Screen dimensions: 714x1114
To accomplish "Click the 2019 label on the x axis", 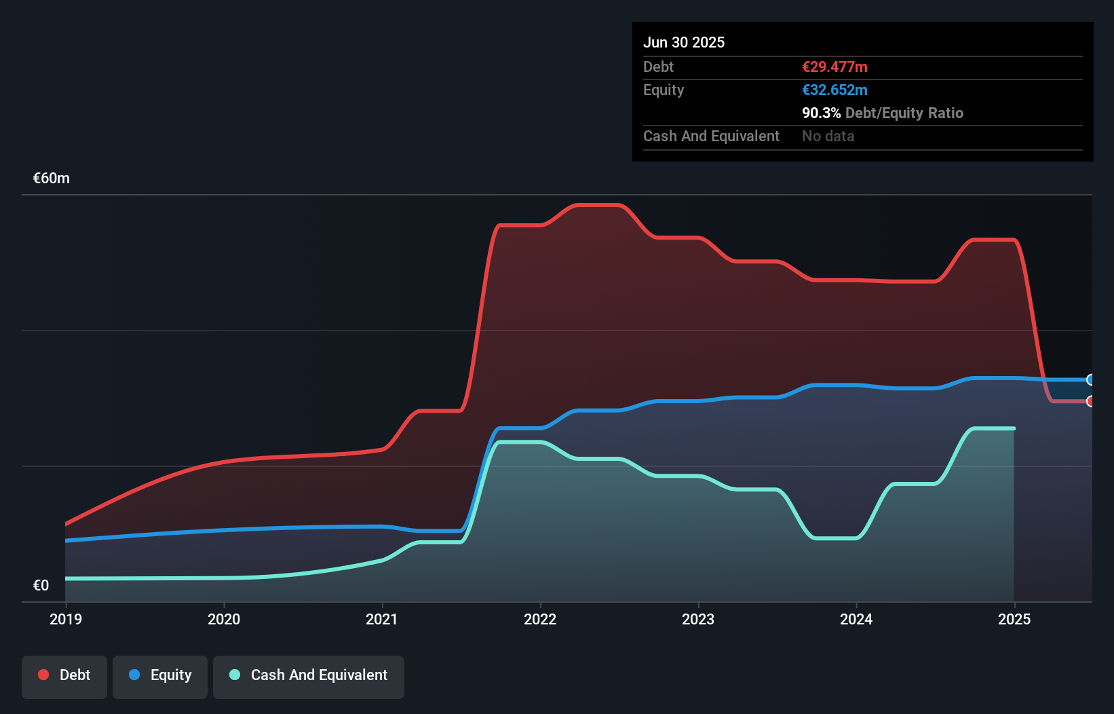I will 66,619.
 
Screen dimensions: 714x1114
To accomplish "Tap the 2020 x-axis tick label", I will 224,619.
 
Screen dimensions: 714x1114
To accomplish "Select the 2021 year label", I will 382,619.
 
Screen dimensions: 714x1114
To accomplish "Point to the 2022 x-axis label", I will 540,619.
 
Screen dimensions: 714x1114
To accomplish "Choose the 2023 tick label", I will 698,619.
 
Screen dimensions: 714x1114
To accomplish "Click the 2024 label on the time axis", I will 856,619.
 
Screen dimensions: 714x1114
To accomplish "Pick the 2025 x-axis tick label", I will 1014,619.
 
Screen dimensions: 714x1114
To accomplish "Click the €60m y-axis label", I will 52,178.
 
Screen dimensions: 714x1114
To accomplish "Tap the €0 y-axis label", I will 41,585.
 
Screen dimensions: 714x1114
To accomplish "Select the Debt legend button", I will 64,675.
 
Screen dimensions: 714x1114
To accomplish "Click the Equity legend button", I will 160,675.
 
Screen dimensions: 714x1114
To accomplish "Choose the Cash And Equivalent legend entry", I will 309,675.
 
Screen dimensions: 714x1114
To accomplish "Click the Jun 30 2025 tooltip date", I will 684,42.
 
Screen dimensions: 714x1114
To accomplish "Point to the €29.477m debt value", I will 834,67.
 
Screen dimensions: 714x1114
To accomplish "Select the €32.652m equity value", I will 834,90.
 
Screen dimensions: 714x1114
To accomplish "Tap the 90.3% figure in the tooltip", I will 821,113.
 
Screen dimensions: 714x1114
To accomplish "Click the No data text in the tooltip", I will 828,136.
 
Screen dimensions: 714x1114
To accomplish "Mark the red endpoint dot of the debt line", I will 1090,401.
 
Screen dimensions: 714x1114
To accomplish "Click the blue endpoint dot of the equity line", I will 1090,379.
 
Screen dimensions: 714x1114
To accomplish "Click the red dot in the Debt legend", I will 43,675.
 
